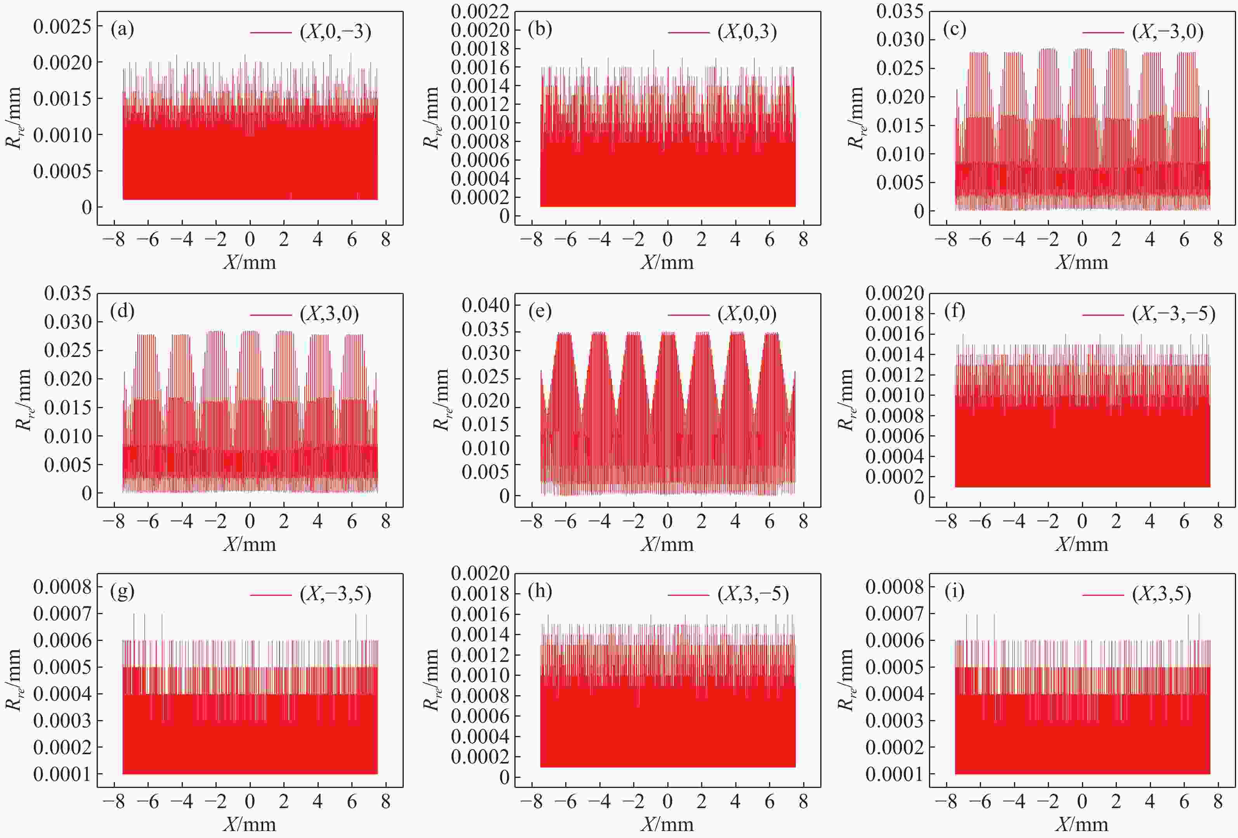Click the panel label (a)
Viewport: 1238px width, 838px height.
coord(122,29)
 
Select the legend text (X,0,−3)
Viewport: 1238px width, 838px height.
coord(335,33)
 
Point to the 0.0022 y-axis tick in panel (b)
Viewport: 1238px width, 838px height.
coord(479,11)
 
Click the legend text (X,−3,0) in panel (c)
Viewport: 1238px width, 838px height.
coord(1168,33)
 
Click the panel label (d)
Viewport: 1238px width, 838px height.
coord(122,311)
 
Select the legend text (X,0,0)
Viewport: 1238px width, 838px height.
coord(747,314)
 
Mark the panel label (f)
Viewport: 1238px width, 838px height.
coord(954,311)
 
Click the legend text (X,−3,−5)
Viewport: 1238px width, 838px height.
coord(1174,314)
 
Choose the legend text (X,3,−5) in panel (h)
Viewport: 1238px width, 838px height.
coord(753,594)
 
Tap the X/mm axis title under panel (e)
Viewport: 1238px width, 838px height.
coord(667,544)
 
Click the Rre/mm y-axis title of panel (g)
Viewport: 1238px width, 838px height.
coord(14,679)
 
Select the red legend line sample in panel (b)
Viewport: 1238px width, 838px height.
coord(688,33)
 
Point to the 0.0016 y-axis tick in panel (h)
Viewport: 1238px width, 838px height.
coord(479,615)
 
